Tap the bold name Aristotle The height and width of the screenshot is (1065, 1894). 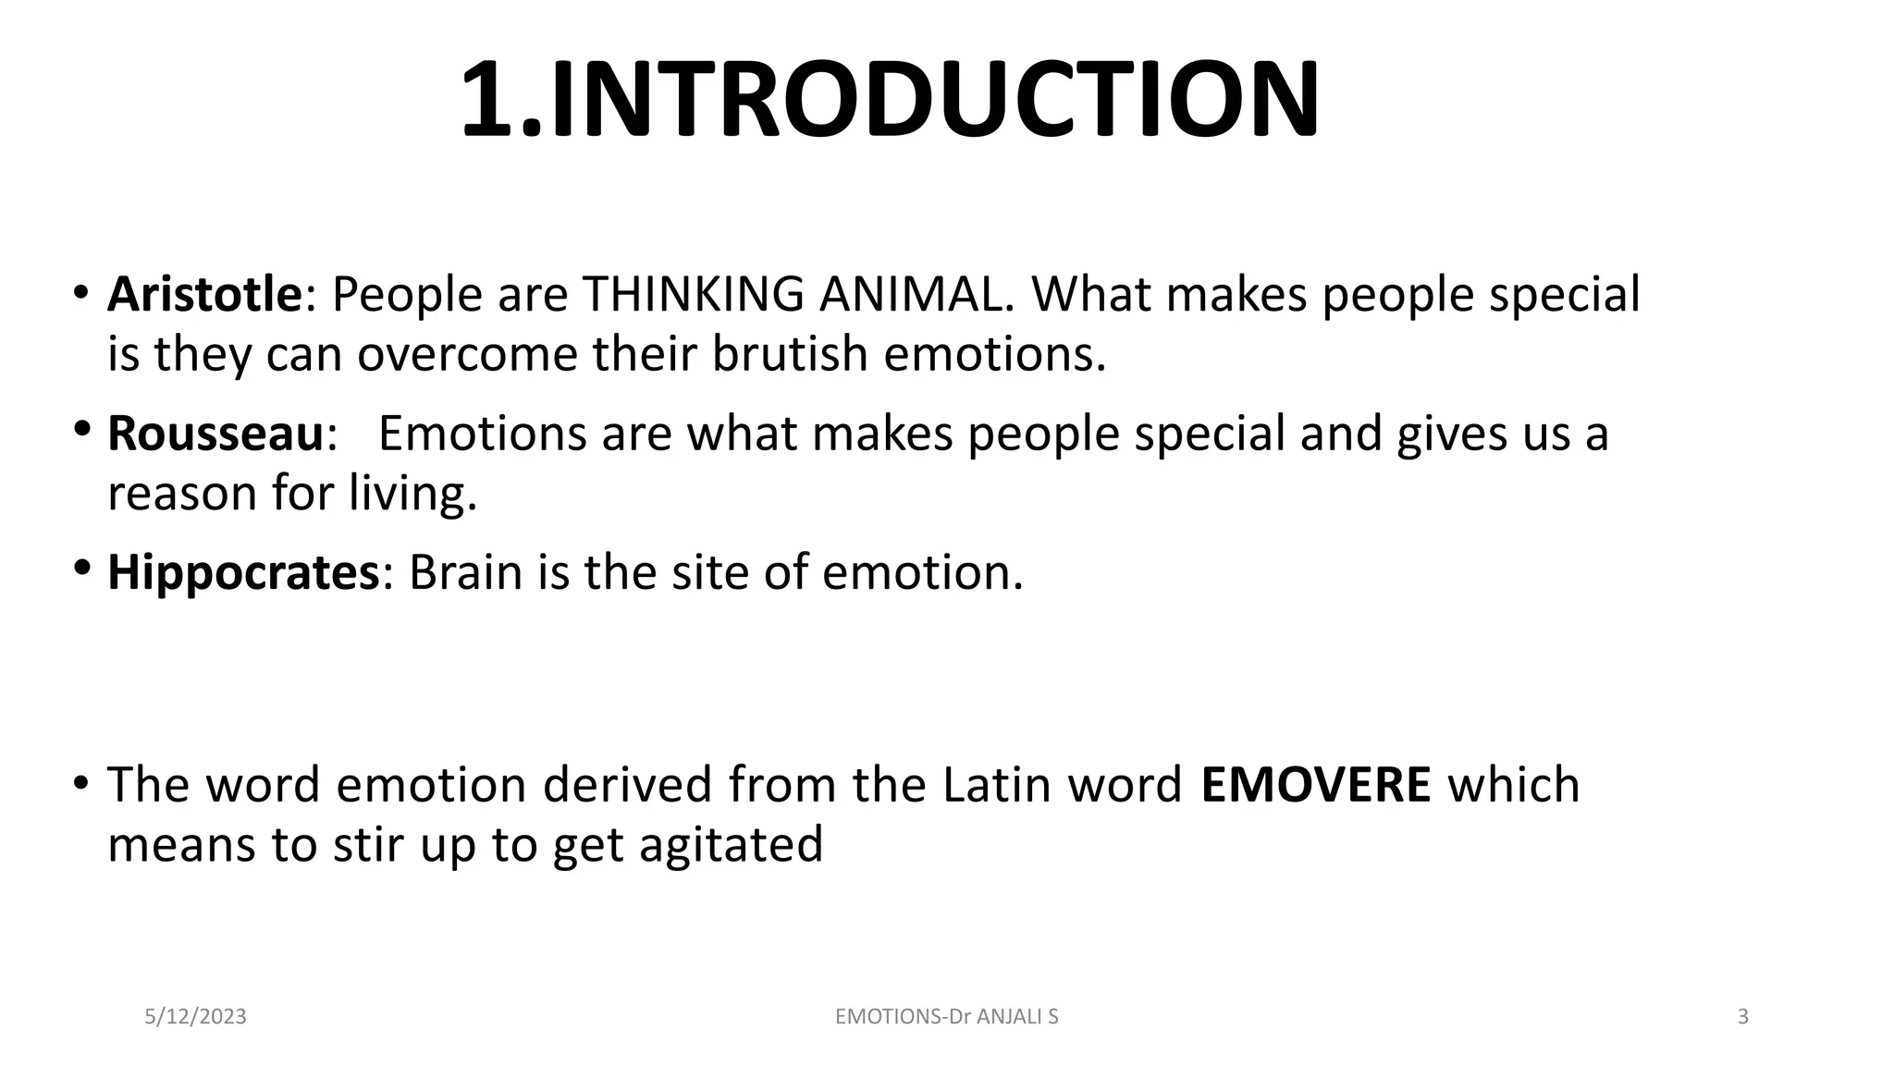(204, 295)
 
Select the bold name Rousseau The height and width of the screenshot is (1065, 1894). (215, 434)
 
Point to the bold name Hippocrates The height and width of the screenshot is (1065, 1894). (243, 572)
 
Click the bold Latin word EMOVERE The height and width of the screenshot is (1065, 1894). (1315, 785)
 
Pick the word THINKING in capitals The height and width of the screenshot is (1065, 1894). (693, 295)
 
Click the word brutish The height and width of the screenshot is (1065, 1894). (789, 354)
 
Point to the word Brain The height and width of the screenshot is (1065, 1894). (465, 572)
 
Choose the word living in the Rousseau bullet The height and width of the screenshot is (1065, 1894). (412, 494)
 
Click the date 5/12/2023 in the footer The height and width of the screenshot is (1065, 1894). (196, 1017)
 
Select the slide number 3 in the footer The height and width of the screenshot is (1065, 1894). (1743, 1017)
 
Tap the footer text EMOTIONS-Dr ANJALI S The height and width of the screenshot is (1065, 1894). (946, 1017)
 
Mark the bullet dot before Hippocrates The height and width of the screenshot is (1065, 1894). (81, 567)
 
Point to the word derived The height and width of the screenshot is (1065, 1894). (628, 785)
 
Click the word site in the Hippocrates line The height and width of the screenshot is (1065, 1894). (709, 572)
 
